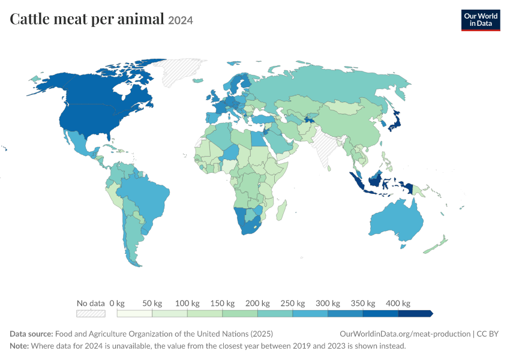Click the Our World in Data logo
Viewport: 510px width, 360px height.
[481, 20]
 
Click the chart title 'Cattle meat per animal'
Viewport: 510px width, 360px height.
[87, 19]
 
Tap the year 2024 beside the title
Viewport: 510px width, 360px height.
[181, 20]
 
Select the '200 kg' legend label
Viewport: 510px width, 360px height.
[257, 303]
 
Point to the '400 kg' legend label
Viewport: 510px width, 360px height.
[398, 303]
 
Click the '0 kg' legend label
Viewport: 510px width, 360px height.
[117, 303]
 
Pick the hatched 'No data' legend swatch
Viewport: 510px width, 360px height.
[91, 313]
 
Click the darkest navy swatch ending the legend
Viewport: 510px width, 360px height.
[415, 313]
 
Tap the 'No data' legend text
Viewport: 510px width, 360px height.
[91, 303]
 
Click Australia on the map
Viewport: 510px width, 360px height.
[396, 221]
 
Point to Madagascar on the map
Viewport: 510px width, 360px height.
[281, 211]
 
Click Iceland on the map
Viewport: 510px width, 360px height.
[198, 80]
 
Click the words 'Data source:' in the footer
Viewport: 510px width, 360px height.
[31, 334]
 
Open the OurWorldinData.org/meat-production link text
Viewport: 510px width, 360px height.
[405, 334]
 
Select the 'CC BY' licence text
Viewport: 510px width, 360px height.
[488, 334]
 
